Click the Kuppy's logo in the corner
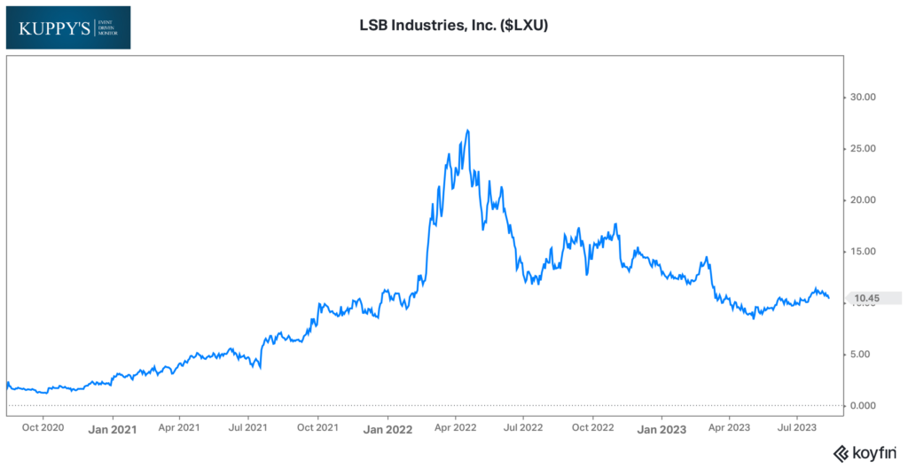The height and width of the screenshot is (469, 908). tap(67, 27)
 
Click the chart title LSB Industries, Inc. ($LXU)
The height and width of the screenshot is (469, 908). tap(453, 26)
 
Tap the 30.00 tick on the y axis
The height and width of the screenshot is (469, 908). tap(857, 97)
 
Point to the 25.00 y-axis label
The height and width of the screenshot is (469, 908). tap(857, 148)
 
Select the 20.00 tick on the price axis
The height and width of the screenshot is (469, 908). tap(857, 199)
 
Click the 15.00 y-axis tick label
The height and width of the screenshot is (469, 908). tap(857, 251)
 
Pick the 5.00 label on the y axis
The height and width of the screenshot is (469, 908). tap(859, 354)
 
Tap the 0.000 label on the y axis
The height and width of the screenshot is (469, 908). tap(857, 405)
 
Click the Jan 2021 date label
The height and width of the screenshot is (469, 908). tap(113, 429)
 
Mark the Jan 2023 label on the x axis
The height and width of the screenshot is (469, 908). tap(661, 429)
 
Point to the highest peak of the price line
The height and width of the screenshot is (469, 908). tap(467, 130)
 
